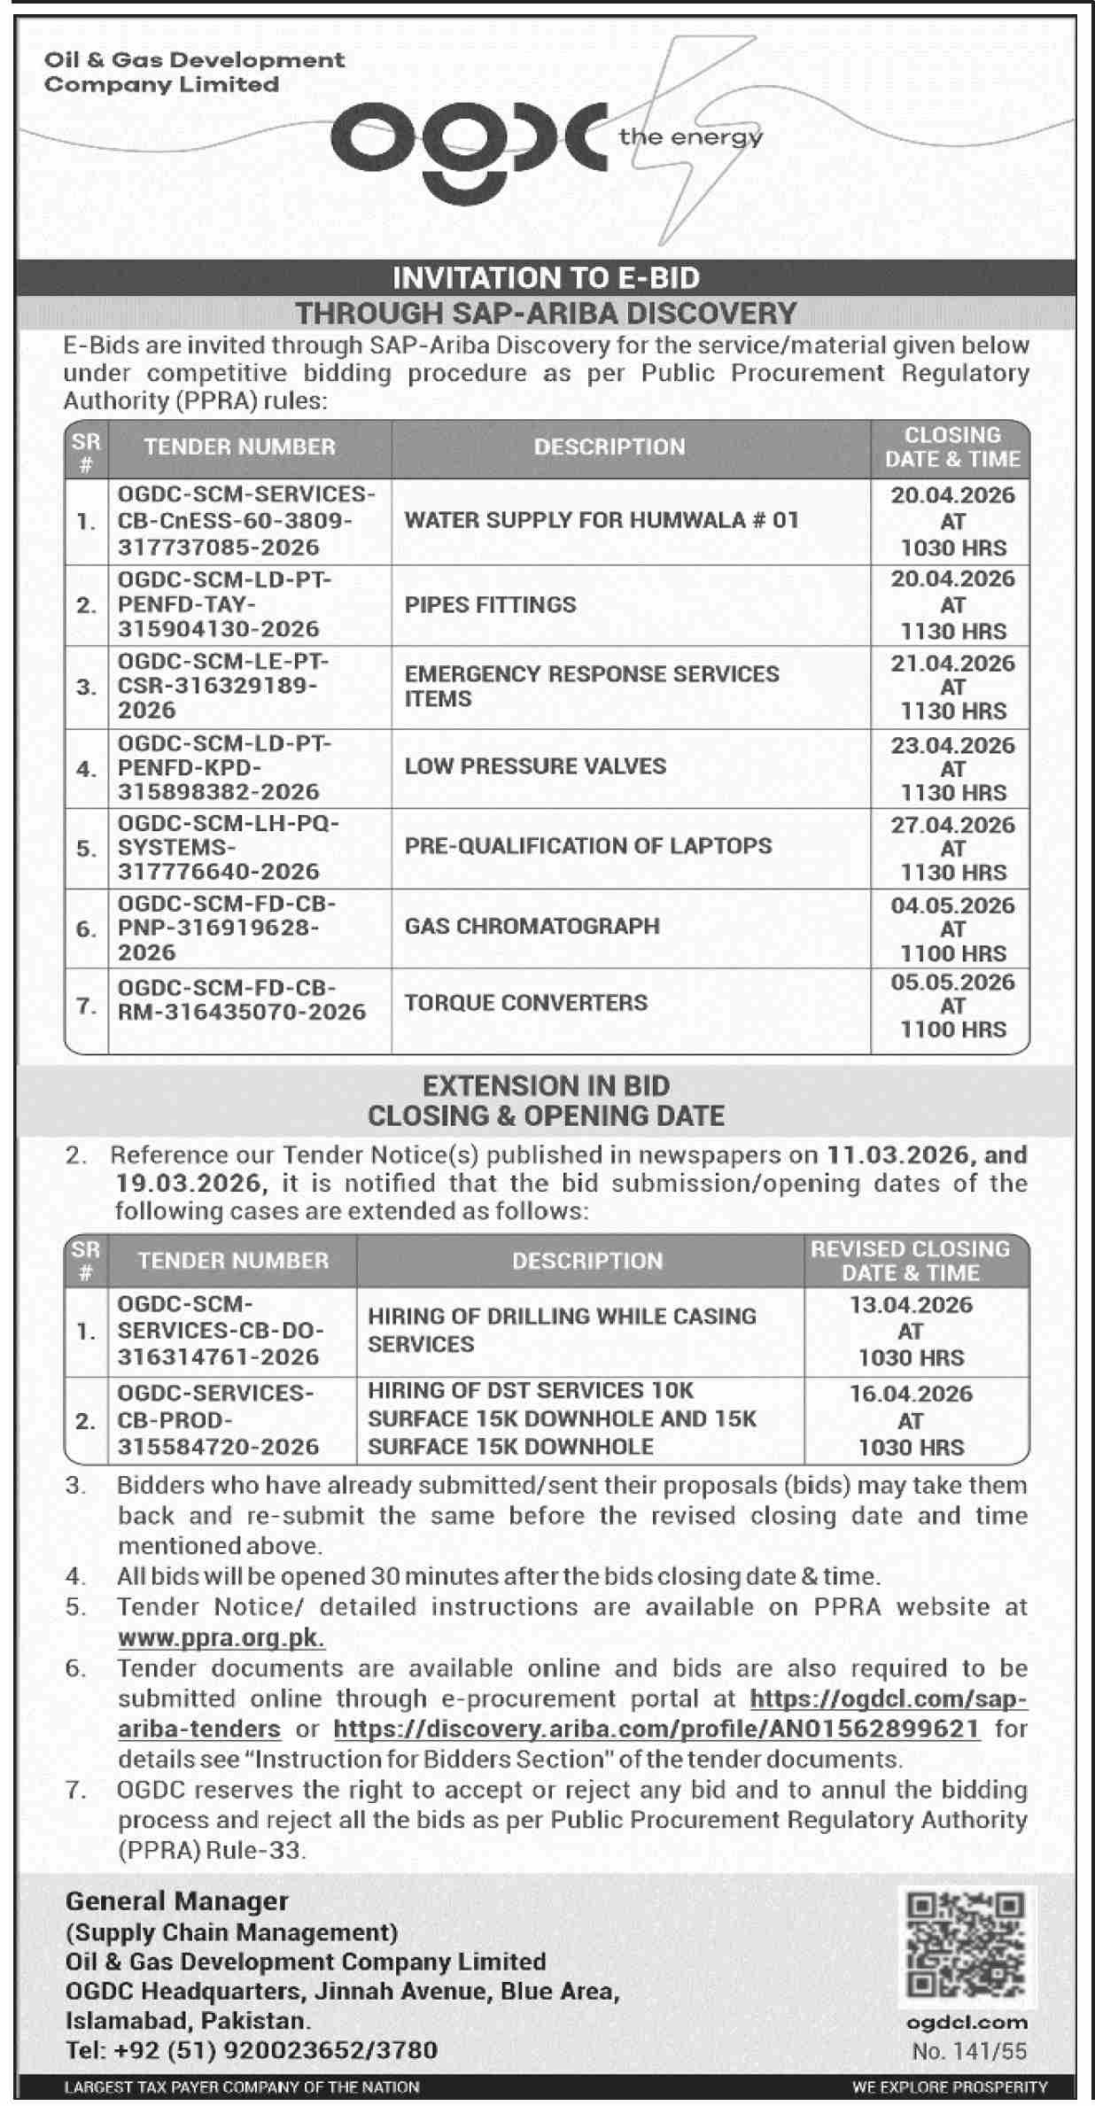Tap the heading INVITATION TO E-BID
tap(546, 278)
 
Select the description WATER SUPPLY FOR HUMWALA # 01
tap(602, 520)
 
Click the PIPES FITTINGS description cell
tap(490, 604)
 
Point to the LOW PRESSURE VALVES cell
tap(535, 766)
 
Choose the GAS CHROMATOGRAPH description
tap(532, 926)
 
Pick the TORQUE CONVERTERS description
tap(526, 1003)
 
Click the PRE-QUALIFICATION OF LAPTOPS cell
tap(588, 846)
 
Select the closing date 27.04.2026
tap(952, 825)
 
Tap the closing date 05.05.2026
tap(952, 982)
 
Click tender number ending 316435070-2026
tap(241, 999)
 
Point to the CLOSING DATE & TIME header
tap(952, 447)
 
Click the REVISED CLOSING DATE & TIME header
tap(910, 1261)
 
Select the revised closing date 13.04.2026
tap(910, 1305)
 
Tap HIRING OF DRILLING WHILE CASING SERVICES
tap(562, 1330)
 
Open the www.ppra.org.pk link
tap(221, 1637)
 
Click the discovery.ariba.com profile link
tap(656, 1729)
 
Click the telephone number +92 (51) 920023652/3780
tap(252, 2050)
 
